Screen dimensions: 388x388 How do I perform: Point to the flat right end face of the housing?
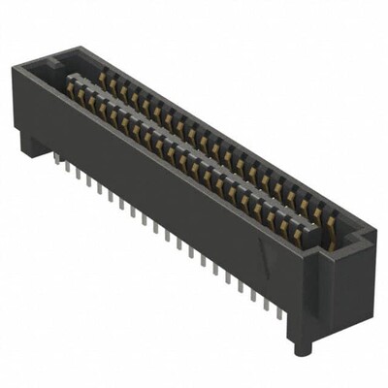point(335,291)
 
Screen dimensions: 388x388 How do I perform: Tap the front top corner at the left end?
point(21,68)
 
